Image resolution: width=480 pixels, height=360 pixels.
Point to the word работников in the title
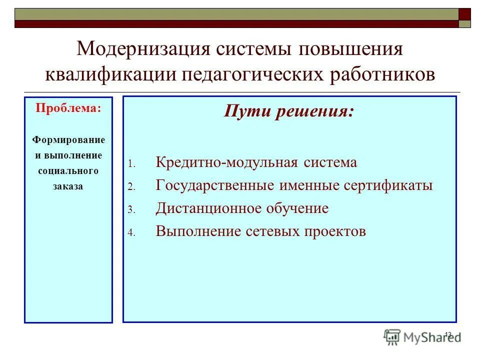pyautogui.click(x=382, y=74)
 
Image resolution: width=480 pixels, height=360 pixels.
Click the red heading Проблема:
pyautogui.click(x=68, y=108)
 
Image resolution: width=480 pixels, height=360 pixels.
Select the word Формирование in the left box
pyautogui.click(x=68, y=139)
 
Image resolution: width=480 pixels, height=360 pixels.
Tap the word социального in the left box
pyautogui.click(x=68, y=171)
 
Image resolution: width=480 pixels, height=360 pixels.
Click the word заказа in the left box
pyautogui.click(x=68, y=186)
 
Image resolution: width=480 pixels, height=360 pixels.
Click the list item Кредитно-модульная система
pyautogui.click(x=256, y=162)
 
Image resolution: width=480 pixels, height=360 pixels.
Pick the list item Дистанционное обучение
pyautogui.click(x=242, y=208)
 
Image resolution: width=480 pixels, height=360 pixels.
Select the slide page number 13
pyautogui.click(x=447, y=334)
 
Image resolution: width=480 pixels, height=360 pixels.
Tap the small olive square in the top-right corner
pyautogui.click(x=465, y=23)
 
